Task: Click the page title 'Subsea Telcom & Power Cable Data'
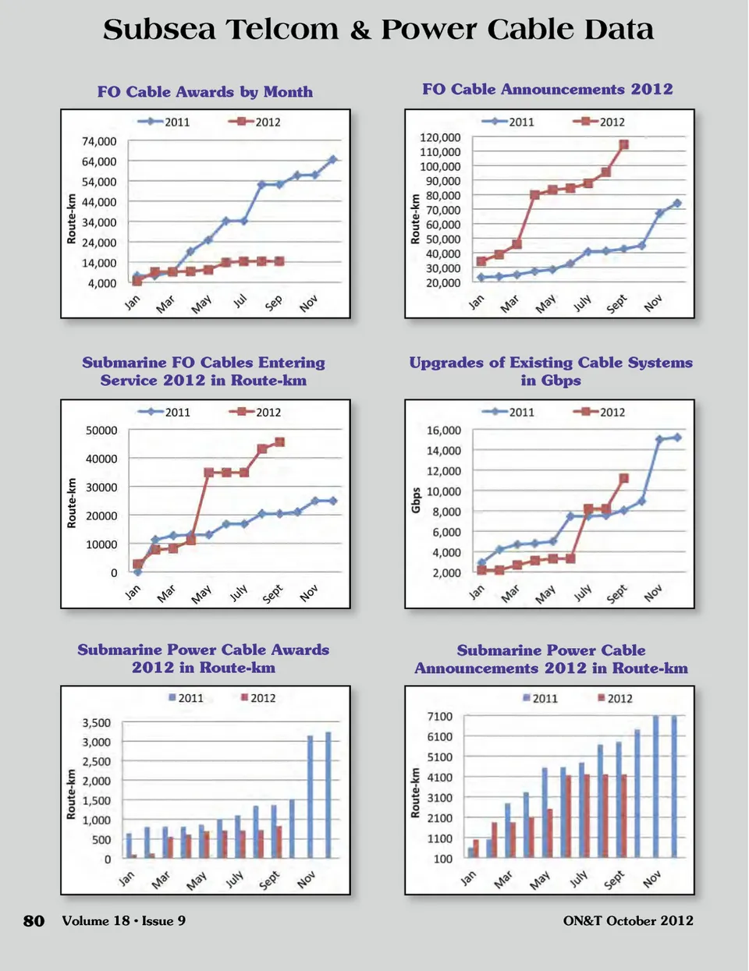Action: [378, 30]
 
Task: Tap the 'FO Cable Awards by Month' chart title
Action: [205, 92]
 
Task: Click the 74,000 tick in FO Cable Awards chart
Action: [99, 141]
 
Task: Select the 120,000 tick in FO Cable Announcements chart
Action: [441, 137]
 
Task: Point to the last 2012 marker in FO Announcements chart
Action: [623, 145]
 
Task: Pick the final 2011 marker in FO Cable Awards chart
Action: [332, 159]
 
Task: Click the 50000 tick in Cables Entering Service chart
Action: [101, 430]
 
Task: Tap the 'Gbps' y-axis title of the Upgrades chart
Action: [416, 501]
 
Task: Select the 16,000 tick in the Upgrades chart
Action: [443, 430]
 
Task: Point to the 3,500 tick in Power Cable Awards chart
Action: [97, 723]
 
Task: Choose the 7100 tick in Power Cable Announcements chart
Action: [440, 716]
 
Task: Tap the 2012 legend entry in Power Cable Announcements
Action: [615, 698]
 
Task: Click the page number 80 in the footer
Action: [34, 921]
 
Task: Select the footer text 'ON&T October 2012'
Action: [628, 920]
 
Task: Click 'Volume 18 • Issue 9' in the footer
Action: [124, 920]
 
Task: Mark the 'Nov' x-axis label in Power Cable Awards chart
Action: [306, 880]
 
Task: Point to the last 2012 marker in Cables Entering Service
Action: [279, 442]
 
